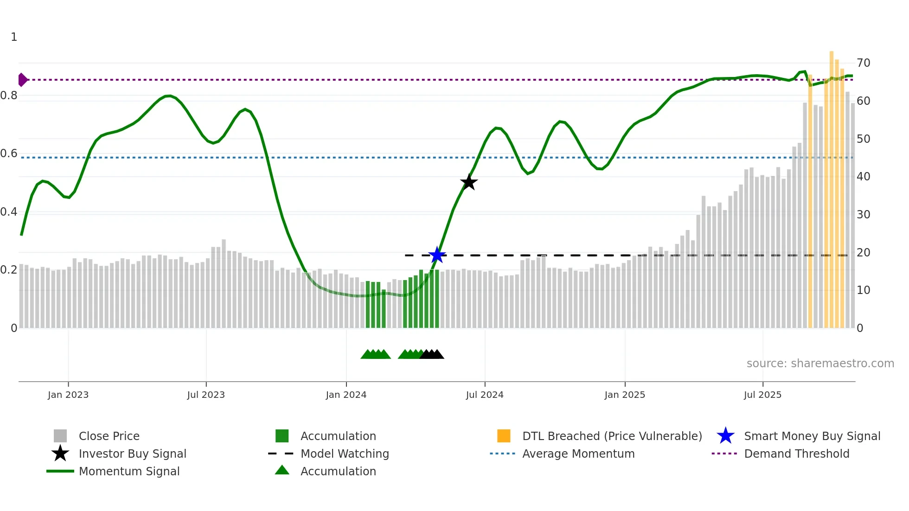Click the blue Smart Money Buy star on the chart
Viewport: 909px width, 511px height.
point(437,255)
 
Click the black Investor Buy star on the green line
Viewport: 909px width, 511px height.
point(469,182)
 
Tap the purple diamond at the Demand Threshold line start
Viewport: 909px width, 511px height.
point(22,80)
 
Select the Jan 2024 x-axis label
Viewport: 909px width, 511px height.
point(346,395)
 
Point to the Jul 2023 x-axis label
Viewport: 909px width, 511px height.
point(206,395)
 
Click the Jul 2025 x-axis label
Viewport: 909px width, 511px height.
point(762,395)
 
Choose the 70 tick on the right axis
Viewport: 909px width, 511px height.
point(863,63)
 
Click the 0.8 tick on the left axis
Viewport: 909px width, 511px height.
point(9,96)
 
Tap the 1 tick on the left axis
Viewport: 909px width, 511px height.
point(14,37)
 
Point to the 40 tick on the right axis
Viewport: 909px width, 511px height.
point(863,177)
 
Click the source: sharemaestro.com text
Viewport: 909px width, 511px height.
point(820,364)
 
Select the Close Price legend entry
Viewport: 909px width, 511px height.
point(109,436)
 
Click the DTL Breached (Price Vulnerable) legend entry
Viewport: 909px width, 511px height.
point(612,436)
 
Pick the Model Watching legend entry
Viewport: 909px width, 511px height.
point(345,454)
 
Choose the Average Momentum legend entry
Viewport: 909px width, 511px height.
point(578,454)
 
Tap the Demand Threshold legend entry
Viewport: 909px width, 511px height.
point(796,454)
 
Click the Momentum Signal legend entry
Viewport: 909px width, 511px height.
point(129,471)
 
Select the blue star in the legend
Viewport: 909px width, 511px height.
point(725,436)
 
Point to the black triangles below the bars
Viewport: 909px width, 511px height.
point(432,355)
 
